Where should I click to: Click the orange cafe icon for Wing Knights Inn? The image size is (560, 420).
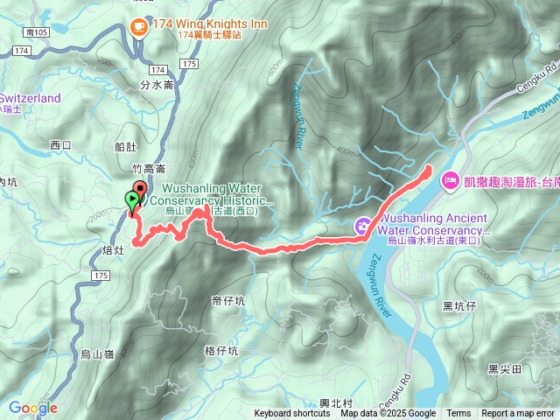138,27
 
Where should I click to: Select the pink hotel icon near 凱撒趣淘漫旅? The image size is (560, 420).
451,180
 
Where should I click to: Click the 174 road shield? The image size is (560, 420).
157,67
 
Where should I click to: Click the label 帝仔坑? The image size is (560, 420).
228,299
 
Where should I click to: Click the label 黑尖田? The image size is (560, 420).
505,368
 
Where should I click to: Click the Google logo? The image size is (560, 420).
33,408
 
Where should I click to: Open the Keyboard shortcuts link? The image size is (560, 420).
292,414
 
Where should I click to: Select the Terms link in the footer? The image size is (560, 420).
458,414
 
